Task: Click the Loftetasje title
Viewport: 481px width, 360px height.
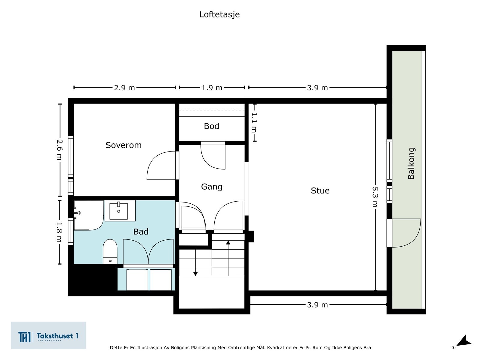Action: click(x=219, y=14)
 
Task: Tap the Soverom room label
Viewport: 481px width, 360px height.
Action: click(x=123, y=145)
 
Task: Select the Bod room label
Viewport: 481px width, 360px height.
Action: click(x=211, y=126)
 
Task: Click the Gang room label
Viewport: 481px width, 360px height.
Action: click(x=212, y=187)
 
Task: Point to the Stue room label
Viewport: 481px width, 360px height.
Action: click(x=320, y=191)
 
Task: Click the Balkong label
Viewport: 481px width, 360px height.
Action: click(x=411, y=163)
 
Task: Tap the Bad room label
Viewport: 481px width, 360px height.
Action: click(x=141, y=232)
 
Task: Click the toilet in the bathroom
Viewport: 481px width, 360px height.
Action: click(x=110, y=250)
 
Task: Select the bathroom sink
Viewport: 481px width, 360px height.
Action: click(x=118, y=211)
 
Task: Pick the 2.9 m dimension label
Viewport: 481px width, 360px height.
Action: click(x=124, y=88)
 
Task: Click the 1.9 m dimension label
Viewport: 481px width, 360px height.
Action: click(x=212, y=88)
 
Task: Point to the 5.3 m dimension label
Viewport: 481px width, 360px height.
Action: click(x=375, y=197)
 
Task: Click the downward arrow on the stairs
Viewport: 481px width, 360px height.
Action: click(x=195, y=273)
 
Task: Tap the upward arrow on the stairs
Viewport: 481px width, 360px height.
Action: click(x=228, y=243)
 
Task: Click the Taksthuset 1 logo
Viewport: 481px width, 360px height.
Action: click(x=48, y=335)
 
